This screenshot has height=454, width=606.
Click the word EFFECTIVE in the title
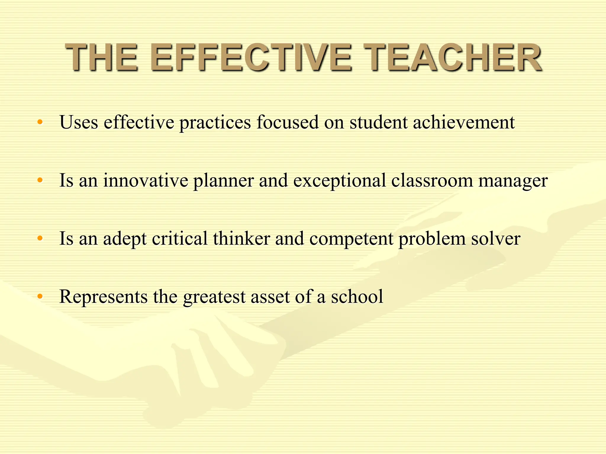click(251, 57)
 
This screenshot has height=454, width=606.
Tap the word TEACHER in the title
click(453, 57)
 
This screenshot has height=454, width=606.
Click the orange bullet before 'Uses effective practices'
click(40, 122)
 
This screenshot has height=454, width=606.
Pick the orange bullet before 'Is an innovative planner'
click(40, 180)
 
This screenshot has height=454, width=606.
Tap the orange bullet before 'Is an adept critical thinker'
click(40, 238)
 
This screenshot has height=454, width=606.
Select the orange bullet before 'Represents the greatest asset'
click(40, 296)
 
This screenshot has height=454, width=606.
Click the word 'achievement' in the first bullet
click(464, 122)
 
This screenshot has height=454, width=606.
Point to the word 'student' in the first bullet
click(378, 122)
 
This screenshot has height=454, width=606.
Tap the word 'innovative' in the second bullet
click(146, 181)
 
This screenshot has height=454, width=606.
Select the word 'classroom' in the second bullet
click(432, 181)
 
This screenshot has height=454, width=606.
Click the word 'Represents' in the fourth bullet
click(103, 297)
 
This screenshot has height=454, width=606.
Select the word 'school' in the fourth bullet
click(357, 297)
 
